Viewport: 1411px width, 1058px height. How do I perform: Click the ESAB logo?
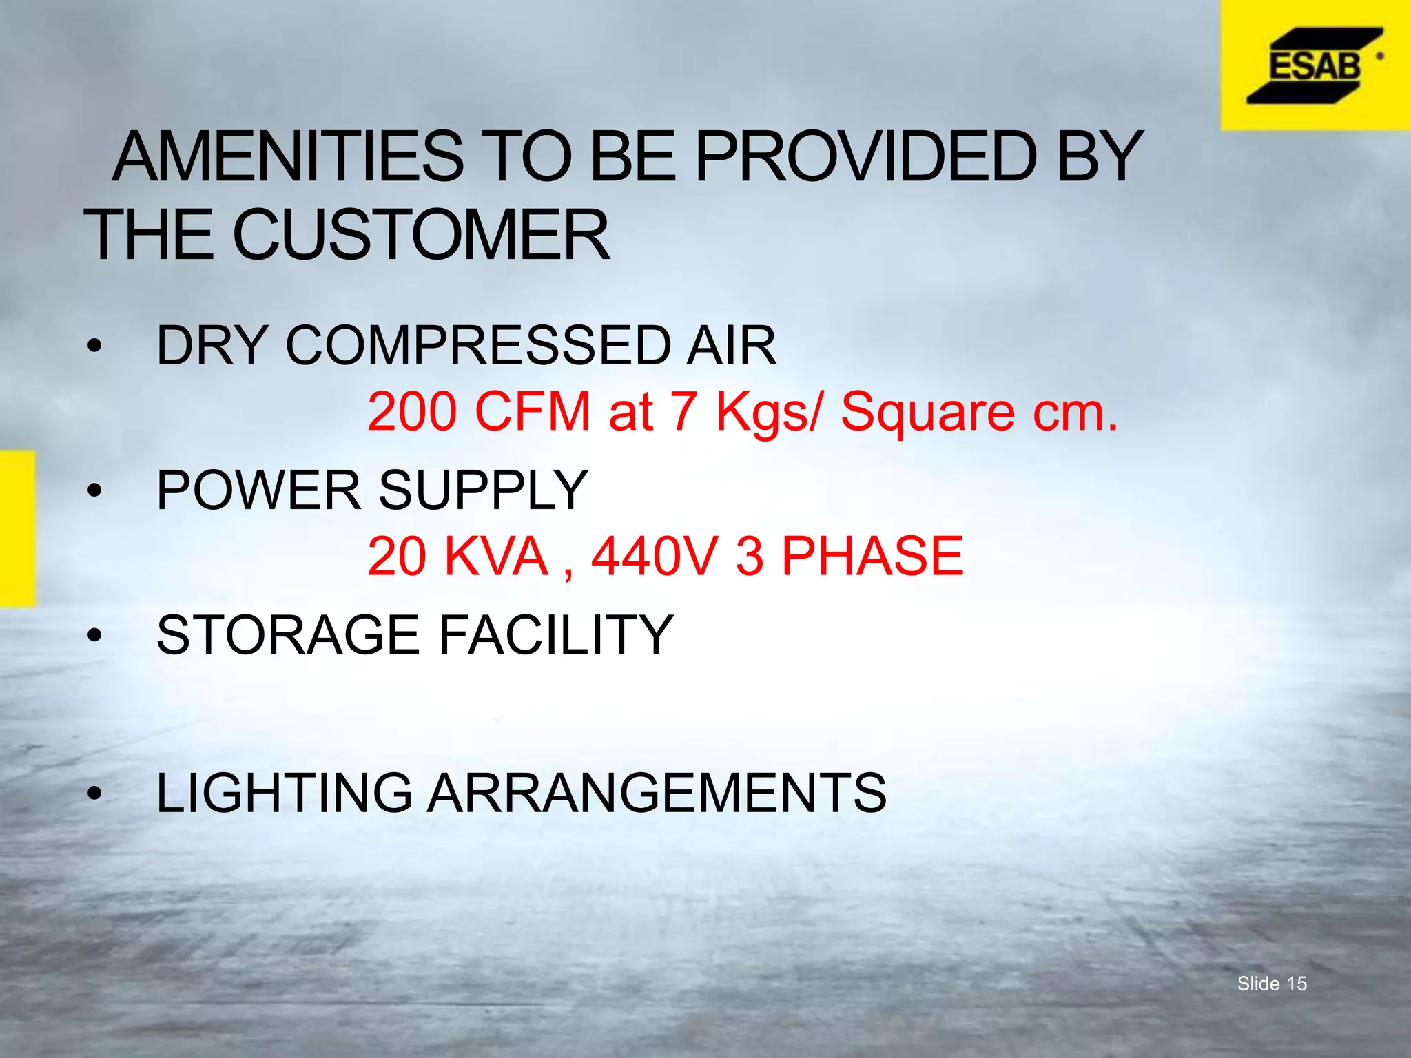pos(1315,66)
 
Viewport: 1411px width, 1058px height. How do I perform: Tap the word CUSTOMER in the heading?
pos(421,236)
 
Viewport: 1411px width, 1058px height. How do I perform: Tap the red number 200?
pos(412,411)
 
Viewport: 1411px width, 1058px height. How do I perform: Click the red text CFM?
pos(532,411)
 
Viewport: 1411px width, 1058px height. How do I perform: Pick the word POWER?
pos(258,490)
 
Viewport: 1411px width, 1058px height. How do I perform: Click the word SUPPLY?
pos(483,490)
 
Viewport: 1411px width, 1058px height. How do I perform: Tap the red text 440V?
pos(655,556)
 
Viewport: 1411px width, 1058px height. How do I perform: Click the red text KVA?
pos(496,556)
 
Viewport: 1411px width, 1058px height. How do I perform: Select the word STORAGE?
pos(288,634)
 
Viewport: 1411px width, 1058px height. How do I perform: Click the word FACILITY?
pos(555,634)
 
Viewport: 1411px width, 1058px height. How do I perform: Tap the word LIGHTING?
pos(284,793)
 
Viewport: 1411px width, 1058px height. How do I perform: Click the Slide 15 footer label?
pos(1272,984)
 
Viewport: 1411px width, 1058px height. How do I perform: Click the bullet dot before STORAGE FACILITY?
pos(94,635)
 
